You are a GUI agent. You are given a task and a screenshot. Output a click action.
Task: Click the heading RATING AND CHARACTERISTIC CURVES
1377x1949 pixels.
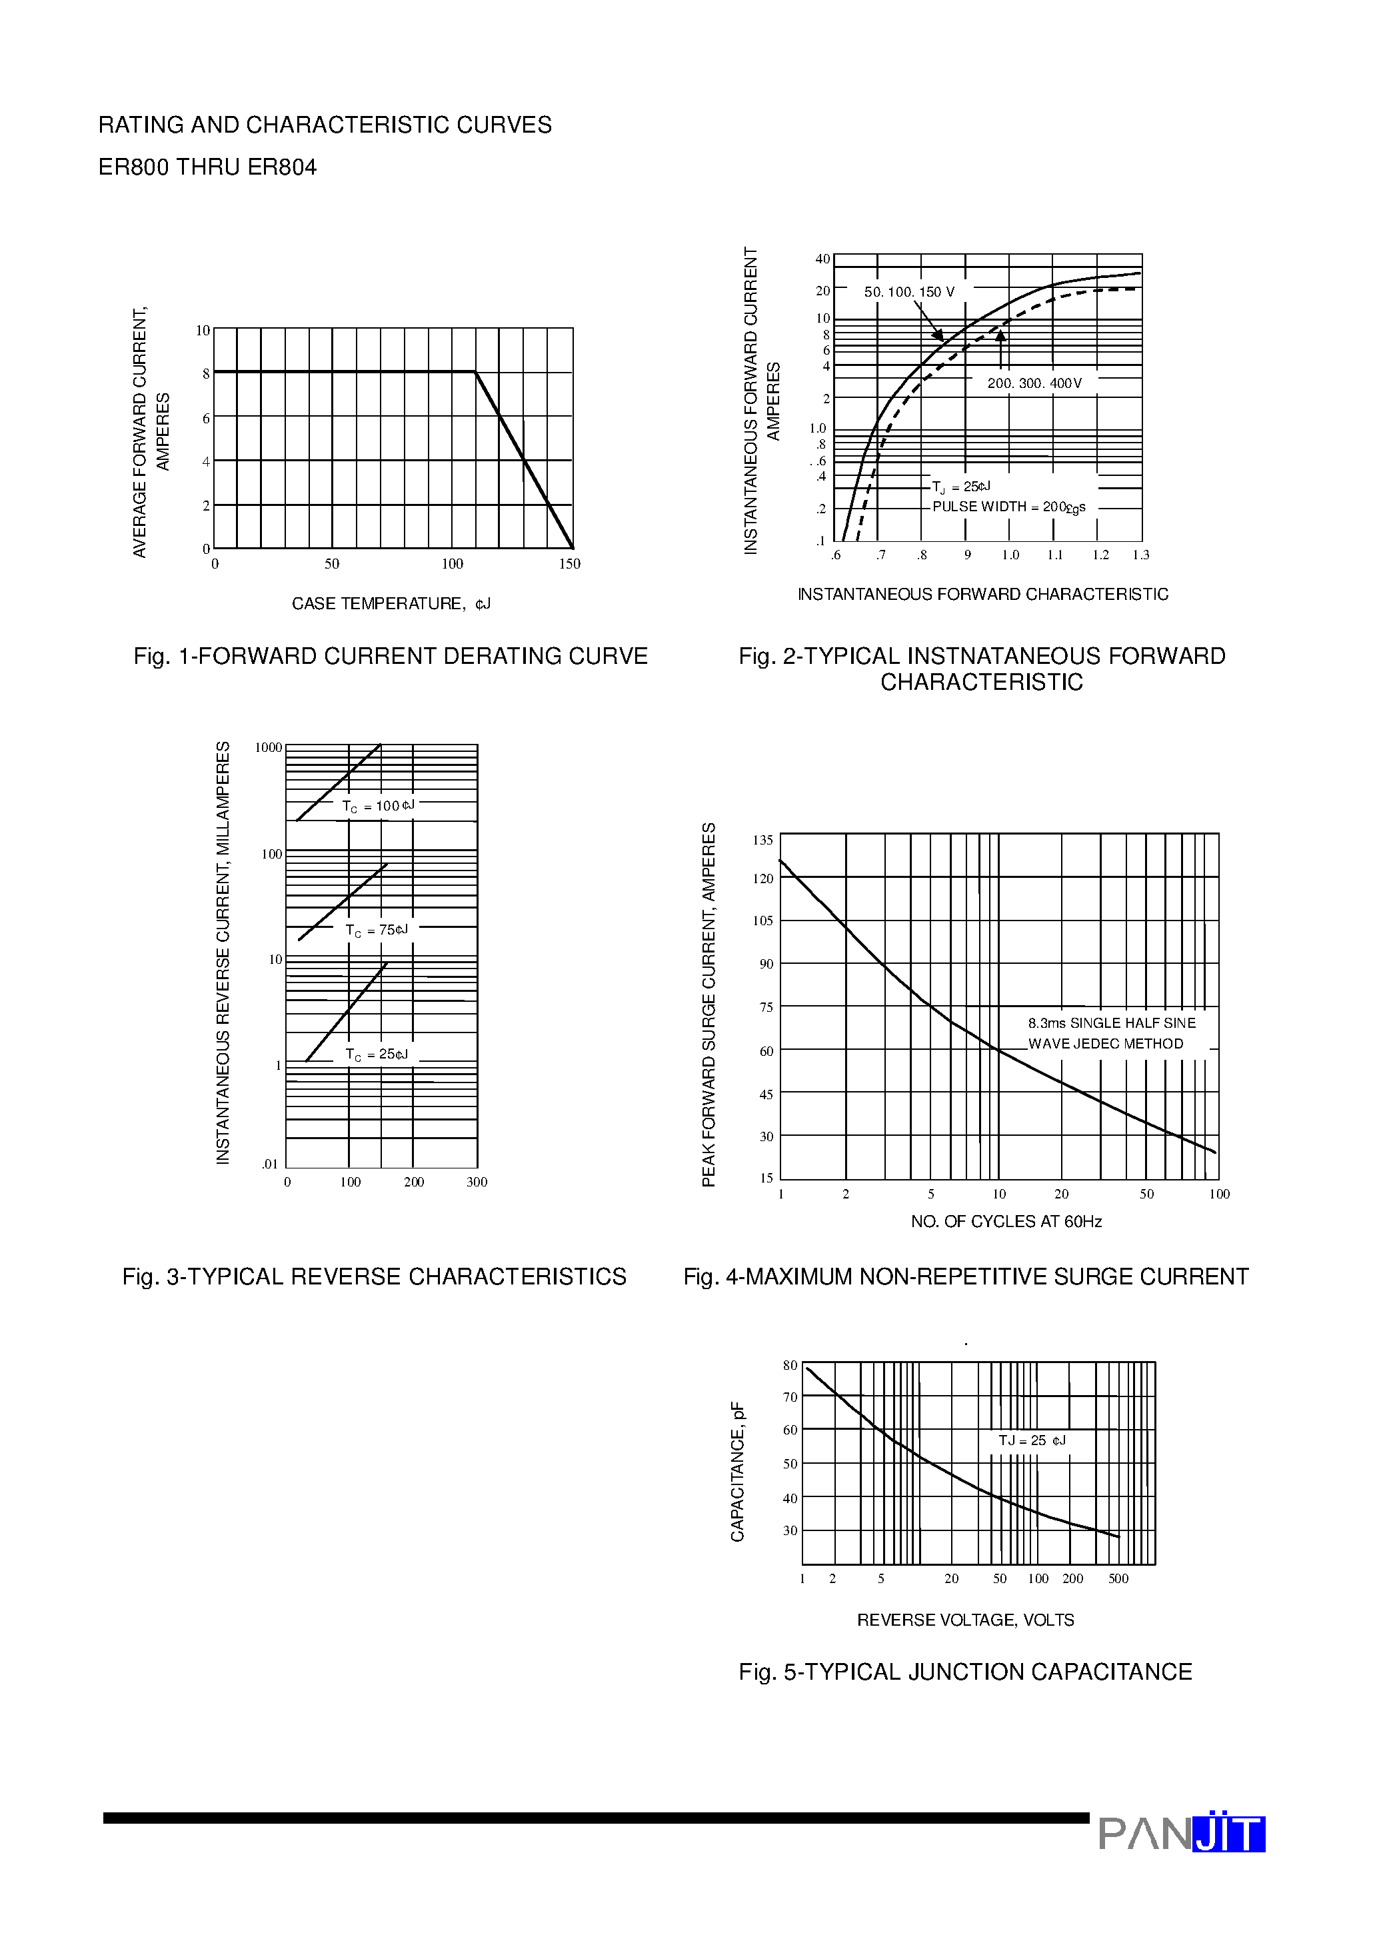click(x=325, y=125)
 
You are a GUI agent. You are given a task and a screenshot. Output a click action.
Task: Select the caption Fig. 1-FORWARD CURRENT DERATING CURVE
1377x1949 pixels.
click(x=391, y=656)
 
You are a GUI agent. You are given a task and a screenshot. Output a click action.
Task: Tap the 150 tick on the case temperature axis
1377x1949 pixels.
click(x=569, y=564)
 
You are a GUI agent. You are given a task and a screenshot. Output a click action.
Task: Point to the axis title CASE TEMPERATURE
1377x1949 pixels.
click(x=391, y=603)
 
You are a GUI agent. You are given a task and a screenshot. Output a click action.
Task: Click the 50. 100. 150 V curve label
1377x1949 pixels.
click(x=909, y=292)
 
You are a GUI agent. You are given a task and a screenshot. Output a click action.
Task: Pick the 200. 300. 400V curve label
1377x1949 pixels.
click(x=1034, y=384)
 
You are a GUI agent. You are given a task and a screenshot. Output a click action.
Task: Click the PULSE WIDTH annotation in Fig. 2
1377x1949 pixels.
click(x=1008, y=507)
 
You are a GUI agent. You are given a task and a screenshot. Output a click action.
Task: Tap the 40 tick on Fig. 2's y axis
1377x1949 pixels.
click(x=822, y=259)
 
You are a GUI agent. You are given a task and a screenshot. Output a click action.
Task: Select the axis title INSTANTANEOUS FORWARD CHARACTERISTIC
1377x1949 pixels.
click(x=982, y=594)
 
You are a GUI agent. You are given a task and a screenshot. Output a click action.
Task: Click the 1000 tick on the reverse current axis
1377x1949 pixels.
click(x=269, y=748)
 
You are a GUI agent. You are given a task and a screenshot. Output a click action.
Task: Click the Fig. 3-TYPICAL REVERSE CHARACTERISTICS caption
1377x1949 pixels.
click(x=375, y=1276)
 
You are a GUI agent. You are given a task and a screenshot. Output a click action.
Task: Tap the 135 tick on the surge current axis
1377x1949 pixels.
click(x=762, y=841)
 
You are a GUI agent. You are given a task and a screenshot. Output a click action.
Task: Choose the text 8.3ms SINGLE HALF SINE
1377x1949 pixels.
click(x=1111, y=1024)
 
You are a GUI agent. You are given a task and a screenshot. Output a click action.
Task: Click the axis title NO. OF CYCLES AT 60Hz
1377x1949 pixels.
click(x=1006, y=1222)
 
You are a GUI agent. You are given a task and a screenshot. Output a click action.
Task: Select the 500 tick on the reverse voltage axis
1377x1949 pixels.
click(x=1118, y=1579)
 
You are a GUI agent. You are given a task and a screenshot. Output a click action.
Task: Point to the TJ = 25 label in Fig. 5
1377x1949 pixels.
click(x=1032, y=1441)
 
